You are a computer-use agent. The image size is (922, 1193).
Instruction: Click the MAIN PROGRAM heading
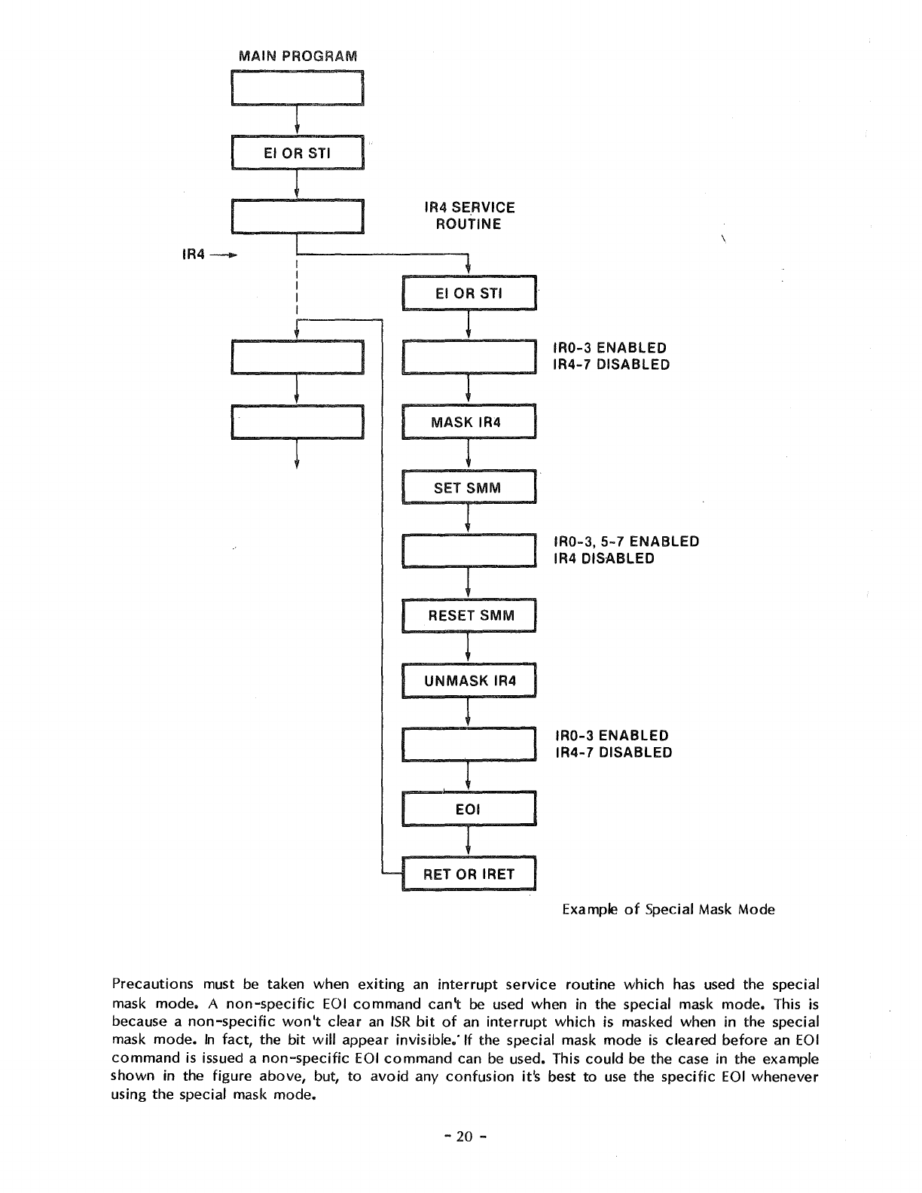298,56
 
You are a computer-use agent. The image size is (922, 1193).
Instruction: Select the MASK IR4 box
469,422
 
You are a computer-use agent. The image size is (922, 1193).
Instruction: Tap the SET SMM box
469,487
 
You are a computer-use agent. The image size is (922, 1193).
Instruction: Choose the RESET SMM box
469,615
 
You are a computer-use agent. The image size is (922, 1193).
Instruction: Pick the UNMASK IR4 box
469,681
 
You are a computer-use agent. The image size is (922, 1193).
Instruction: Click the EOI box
469,810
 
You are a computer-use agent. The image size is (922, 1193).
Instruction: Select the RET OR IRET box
469,874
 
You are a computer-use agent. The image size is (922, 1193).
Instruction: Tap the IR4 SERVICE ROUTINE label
469,215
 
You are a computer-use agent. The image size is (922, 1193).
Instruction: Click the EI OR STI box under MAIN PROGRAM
298,154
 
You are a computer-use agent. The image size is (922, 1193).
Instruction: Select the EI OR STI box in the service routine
469,294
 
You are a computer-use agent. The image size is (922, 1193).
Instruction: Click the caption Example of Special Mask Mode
668,909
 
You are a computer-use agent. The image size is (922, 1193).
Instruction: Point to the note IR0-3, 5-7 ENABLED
626,542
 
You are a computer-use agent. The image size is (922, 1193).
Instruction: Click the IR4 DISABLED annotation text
603,559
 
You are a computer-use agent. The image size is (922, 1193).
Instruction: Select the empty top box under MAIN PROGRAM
298,88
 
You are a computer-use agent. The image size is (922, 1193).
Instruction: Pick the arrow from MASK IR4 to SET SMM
469,454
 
